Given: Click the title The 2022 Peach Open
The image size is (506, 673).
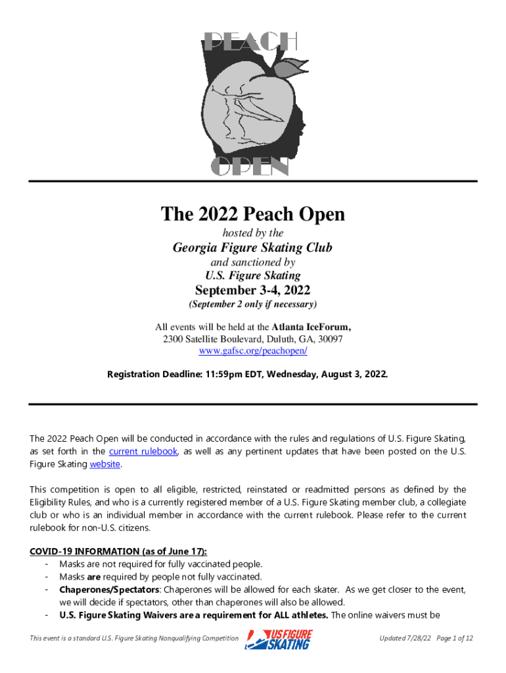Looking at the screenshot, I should [253, 215].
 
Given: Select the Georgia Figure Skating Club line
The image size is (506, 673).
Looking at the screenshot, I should [252, 248].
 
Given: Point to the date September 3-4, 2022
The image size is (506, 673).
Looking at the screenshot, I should [252, 290].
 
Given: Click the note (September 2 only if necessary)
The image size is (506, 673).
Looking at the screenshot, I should [252, 305].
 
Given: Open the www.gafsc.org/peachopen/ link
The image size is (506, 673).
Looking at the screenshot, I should [252, 352].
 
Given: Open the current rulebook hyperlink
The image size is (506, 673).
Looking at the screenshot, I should [143, 452].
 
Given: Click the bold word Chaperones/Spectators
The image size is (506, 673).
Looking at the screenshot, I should [108, 590].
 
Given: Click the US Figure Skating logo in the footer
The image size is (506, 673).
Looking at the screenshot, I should [279, 639].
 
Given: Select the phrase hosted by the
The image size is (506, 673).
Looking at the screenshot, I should [252, 233].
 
